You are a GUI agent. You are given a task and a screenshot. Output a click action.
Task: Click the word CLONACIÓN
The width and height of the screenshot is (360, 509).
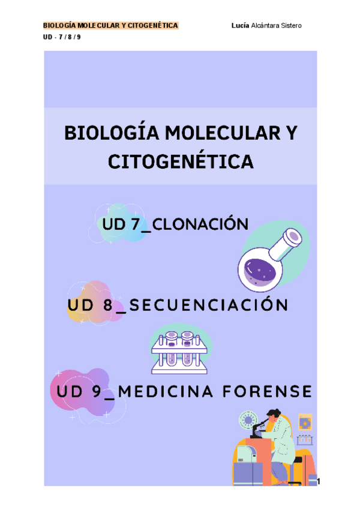pos(201,224)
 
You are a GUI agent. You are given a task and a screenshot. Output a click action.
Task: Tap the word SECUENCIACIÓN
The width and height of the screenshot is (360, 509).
pos(209,305)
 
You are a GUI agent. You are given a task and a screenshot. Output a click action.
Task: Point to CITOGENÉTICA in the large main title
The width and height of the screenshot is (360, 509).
pos(180,161)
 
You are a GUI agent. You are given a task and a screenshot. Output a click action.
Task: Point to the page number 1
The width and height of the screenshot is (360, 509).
pos(320,481)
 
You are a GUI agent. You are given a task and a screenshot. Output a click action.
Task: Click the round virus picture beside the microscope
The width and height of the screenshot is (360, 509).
pos(247,419)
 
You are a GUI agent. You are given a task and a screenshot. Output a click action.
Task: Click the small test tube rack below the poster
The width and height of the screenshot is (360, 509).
pos(305,440)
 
